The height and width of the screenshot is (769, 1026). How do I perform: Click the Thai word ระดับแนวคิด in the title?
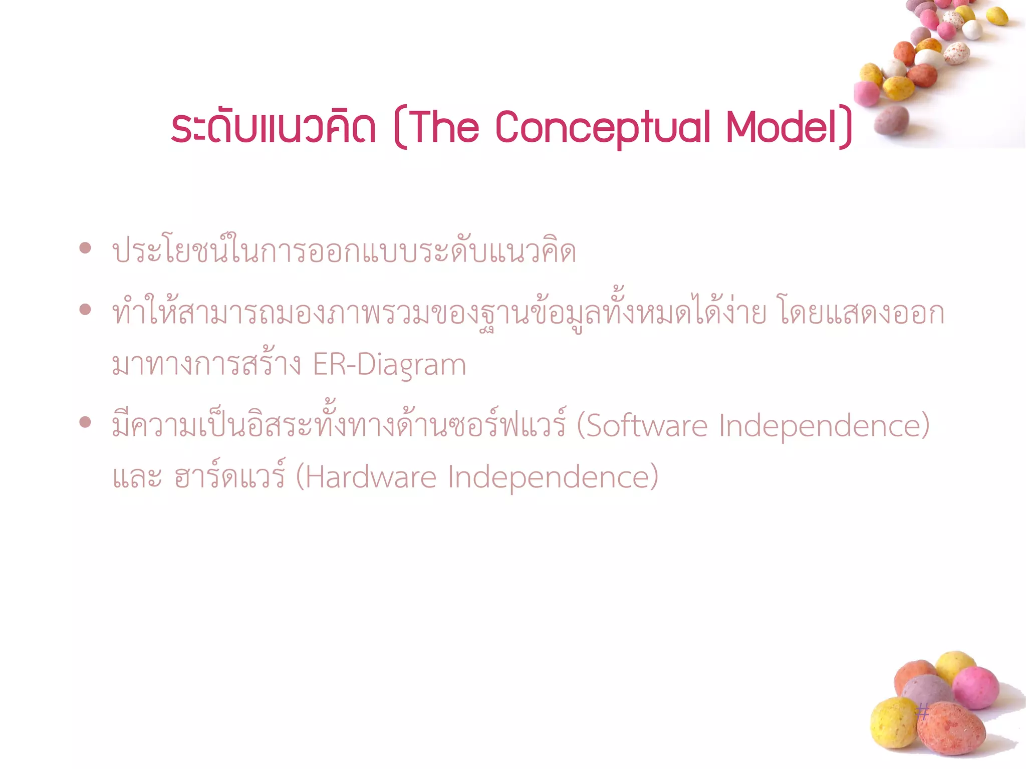click(274, 127)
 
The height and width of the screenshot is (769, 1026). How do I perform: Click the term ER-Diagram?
click(389, 365)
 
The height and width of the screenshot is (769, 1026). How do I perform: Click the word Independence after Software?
click(822, 426)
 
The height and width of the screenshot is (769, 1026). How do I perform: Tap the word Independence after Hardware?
click(551, 477)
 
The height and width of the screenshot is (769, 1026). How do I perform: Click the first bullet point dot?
click(85, 247)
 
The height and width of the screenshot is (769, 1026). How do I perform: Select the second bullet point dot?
click(85, 309)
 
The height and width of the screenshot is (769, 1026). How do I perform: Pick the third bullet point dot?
click(85, 422)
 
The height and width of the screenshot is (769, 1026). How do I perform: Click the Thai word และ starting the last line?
click(137, 477)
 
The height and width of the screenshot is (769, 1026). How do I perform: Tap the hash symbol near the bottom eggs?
click(923, 711)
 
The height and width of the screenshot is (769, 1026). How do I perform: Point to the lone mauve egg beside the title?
click(891, 120)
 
